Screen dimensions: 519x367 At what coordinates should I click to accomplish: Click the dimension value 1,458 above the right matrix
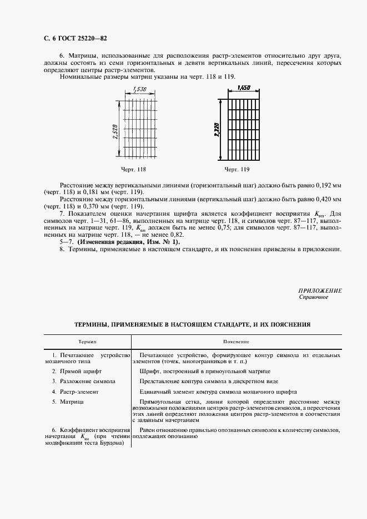coord(243,88)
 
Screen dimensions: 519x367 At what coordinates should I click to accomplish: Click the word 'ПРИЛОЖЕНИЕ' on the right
coord(320,291)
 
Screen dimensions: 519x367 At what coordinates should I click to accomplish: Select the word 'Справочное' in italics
coord(314,297)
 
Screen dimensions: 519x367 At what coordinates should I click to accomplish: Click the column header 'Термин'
coord(87,342)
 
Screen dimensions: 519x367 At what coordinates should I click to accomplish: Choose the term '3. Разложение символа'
coord(84,381)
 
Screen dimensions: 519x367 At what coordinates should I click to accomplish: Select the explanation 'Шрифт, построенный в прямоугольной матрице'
coord(205,370)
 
